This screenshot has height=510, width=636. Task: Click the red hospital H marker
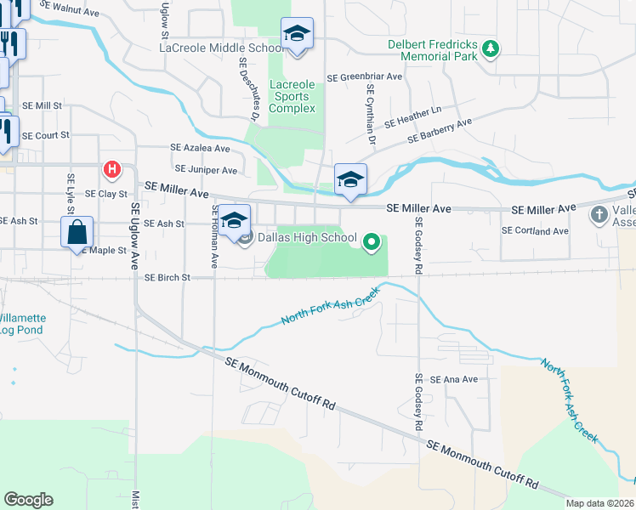pos(111,170)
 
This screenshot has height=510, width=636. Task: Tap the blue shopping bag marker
pos(77,231)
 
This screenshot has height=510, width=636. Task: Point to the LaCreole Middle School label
pos(222,48)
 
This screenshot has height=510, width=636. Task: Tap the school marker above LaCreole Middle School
pos(297,35)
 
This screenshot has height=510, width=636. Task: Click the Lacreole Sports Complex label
pos(292,96)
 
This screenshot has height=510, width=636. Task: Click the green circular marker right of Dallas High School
pos(371,243)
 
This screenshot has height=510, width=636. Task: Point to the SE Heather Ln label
pos(413,116)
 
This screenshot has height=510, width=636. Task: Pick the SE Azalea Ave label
pos(201,148)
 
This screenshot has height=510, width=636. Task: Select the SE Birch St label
pos(165,277)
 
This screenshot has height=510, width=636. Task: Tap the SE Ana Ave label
pos(455,379)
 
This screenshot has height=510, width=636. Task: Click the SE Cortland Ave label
pos(535,230)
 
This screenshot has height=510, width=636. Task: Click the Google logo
pos(28,500)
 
